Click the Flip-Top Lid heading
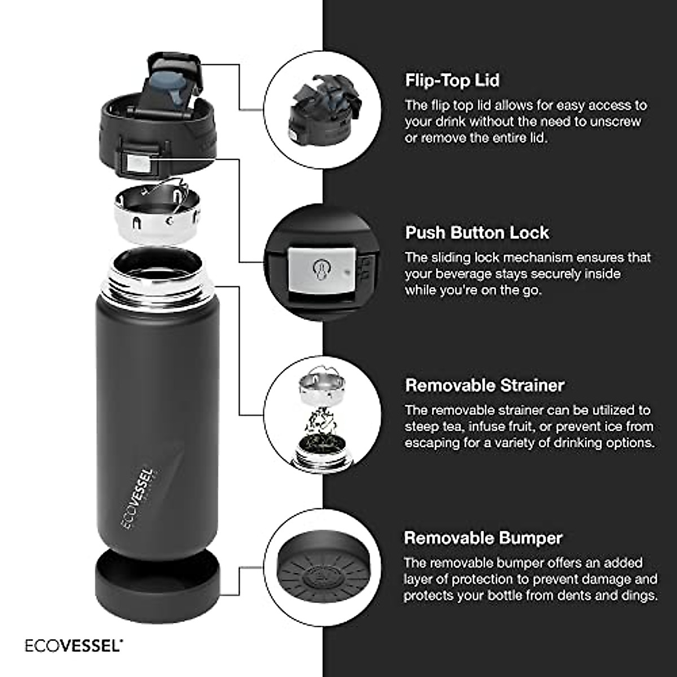[452, 81]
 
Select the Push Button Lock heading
[477, 232]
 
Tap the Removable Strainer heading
[485, 385]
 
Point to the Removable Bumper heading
[483, 538]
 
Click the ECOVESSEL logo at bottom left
[73, 645]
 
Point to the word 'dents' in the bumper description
[581, 596]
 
